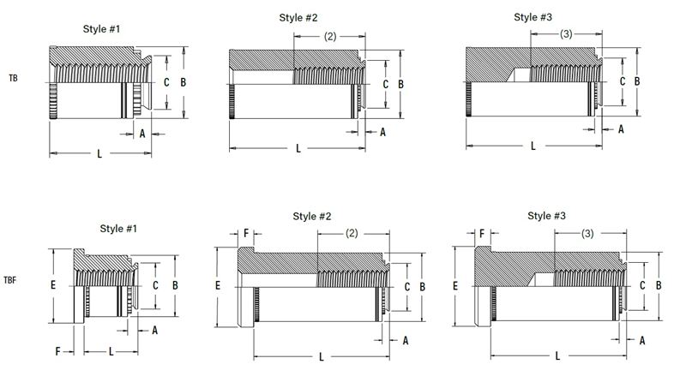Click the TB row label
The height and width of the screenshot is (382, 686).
(13, 78)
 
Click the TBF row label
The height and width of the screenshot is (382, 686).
(10, 280)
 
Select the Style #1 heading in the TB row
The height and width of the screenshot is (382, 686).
(101, 29)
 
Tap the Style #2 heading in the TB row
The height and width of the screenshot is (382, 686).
(298, 18)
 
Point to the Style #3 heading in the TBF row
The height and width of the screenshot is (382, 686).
(546, 216)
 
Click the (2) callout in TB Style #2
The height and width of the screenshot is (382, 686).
(330, 36)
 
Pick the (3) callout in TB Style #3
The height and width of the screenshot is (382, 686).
(566, 33)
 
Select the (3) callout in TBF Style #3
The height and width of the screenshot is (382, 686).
(587, 233)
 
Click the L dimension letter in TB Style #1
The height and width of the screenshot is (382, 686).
(99, 153)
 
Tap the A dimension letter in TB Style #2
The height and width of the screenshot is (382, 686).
(382, 132)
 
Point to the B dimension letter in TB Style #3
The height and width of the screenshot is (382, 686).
(637, 81)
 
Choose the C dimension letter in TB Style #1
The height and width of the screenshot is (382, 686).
(166, 82)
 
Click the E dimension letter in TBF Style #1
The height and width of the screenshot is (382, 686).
(53, 285)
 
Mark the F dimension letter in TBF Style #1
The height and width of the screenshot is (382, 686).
(57, 351)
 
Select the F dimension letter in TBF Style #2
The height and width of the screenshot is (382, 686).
(246, 233)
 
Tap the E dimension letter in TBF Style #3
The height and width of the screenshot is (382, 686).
(455, 286)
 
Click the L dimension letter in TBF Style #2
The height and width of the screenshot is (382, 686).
(321, 357)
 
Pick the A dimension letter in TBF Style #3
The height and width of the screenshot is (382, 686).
(642, 341)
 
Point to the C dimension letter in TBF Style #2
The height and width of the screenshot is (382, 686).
(406, 287)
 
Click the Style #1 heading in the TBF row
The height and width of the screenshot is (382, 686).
(118, 229)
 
